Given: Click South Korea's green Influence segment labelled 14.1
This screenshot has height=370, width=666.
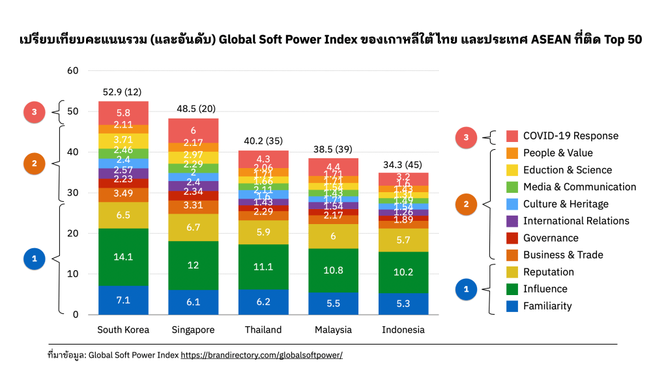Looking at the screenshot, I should coord(123,257).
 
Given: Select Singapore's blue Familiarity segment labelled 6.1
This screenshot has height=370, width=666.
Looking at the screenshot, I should coord(194,302).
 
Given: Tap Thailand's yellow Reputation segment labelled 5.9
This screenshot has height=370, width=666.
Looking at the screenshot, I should coord(263,232).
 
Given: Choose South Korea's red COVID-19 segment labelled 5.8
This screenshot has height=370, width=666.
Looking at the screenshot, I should coord(123,113).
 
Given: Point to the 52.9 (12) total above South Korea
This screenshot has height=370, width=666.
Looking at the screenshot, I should coord(123,91).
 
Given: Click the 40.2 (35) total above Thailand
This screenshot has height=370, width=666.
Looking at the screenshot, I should coord(263,140).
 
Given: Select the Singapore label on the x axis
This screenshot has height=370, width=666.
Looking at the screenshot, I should coord(194,330).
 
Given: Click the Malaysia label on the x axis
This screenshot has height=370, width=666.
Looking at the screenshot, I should coord(333,330).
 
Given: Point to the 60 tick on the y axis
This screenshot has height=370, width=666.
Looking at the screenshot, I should coord(72,70).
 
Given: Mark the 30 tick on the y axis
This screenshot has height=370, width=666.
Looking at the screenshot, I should coord(72,192).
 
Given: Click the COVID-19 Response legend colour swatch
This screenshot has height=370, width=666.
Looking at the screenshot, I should coord(512,136).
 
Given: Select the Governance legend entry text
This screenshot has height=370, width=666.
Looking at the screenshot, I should coord(551,238).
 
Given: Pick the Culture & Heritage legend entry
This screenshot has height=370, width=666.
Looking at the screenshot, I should coord(566,204).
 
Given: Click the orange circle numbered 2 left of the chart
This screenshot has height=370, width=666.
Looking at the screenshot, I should coord(34,164).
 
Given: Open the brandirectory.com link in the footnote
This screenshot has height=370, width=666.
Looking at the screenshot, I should coord(261,355).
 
